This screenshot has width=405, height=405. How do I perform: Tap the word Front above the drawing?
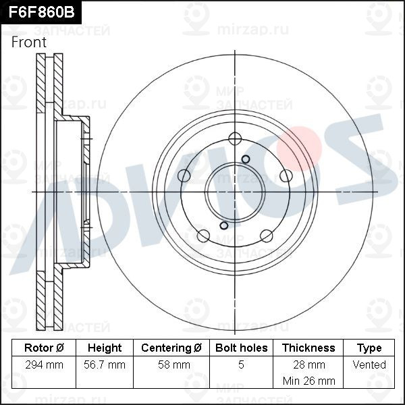coord(29,42)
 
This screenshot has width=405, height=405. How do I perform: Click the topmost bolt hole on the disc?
coord(234,139)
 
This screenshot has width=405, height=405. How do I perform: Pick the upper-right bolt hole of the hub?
coord(285,175)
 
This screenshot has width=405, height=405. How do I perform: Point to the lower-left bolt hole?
coord(202,235)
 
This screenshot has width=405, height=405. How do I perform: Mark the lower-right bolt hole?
coord(266,235)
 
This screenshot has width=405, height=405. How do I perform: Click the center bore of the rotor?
coord(234,191)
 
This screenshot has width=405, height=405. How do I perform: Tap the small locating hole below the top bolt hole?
coord(245,158)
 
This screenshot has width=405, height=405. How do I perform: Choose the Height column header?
coord(105,348)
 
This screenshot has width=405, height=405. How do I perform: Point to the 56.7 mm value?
coord(105,364)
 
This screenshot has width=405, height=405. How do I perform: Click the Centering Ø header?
coord(171,348)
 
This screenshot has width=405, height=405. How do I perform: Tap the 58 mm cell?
coord(171,364)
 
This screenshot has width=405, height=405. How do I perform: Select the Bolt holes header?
coord(241,348)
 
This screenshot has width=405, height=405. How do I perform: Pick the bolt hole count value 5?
coord(241,364)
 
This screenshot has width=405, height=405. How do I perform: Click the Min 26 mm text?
coord(308,381)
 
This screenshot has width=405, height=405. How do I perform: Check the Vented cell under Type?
coord(369,364)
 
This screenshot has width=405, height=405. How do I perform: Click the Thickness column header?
coord(308,348)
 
